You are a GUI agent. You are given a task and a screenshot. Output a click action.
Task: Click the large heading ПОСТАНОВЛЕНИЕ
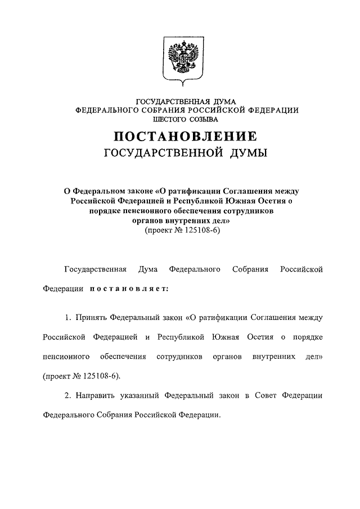click(186, 137)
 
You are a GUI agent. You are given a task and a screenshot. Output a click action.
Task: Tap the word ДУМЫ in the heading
click(248, 153)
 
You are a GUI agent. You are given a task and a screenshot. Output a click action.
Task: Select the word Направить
click(95, 396)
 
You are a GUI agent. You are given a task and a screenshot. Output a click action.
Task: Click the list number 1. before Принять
click(67, 318)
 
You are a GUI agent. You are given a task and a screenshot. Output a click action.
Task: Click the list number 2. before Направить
click(67, 396)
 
